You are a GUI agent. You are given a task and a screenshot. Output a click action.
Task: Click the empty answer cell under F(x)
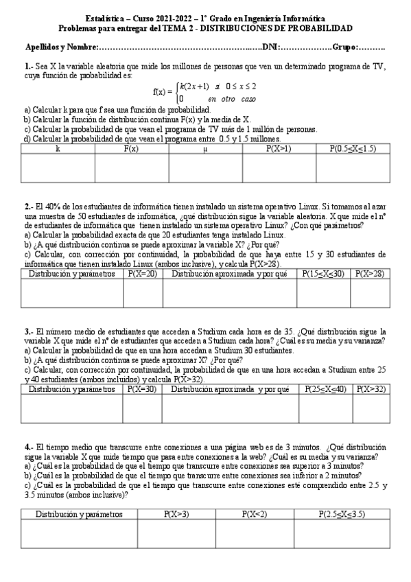pyautogui.click(x=131, y=168)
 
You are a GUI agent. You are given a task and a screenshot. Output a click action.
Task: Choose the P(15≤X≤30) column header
pyautogui.click(x=323, y=273)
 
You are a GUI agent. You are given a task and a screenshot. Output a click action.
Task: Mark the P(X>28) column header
pyautogui.click(x=371, y=273)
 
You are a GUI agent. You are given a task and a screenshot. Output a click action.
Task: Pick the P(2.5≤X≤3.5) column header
pyautogui.click(x=341, y=513)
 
